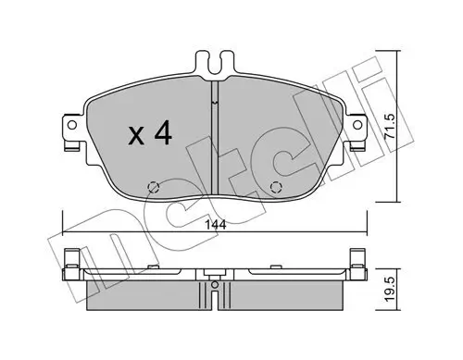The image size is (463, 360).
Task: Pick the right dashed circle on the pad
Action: [274, 190]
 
